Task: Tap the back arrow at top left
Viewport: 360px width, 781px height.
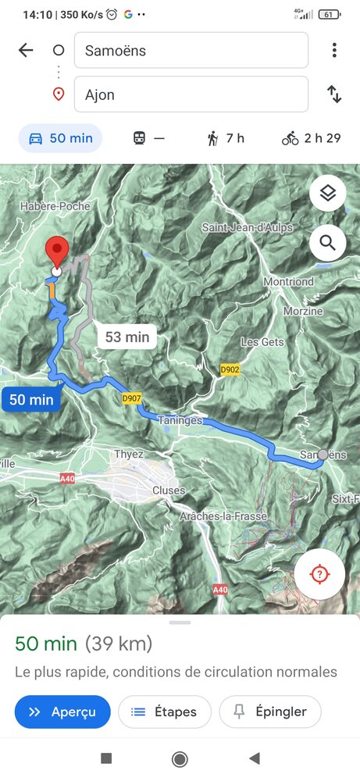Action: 26,51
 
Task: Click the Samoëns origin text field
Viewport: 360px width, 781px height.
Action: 191,51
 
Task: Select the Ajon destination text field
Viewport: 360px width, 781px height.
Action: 191,95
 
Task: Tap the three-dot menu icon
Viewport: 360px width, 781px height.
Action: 334,51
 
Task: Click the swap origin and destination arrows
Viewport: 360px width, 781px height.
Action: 334,95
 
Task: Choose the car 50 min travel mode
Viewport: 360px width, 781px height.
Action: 60,138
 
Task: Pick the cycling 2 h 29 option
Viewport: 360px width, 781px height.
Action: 311,138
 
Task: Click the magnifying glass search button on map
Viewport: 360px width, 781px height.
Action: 327,243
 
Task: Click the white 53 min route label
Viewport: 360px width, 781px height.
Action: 127,337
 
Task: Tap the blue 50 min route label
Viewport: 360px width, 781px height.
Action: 31,400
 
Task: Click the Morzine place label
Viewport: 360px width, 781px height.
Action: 304,311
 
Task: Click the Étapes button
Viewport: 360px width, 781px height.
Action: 164,711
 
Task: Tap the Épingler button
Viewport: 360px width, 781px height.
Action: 269,711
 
